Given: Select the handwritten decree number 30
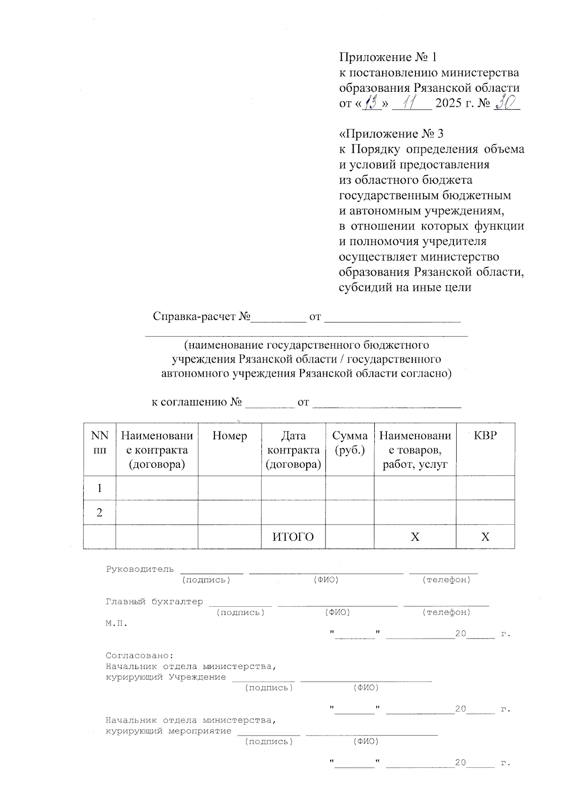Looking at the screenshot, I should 505,102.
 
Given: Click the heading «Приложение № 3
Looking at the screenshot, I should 391,134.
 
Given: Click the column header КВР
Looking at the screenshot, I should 485,436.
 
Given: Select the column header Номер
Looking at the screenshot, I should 229,436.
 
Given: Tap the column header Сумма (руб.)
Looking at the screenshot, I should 350,443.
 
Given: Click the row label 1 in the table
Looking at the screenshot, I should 99,488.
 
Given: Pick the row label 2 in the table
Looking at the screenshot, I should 99,513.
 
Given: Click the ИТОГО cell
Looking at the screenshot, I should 293,537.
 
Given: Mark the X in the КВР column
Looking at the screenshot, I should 485,537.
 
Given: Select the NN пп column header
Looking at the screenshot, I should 99,443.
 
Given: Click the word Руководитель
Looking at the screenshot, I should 140,569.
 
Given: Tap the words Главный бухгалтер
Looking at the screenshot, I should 155,602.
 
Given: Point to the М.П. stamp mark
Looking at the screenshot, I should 116,624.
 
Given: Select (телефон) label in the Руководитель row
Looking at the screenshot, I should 446,580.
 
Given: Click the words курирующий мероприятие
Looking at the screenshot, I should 169,731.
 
